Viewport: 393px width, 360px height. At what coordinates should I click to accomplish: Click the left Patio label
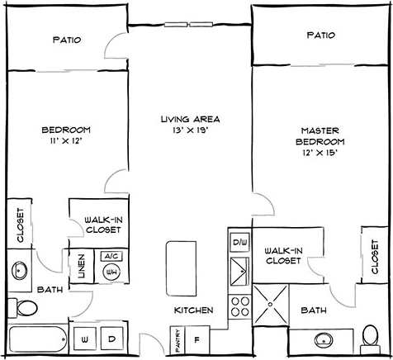[66, 39]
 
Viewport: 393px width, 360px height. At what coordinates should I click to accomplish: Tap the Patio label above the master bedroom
[320, 36]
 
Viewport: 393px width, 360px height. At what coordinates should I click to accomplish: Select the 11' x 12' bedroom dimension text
[66, 141]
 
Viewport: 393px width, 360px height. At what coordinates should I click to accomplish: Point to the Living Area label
[190, 119]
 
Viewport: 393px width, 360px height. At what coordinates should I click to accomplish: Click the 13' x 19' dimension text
[190, 130]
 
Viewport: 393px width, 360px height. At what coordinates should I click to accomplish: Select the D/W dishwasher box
[239, 243]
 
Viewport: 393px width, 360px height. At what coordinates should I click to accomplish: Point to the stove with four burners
[239, 307]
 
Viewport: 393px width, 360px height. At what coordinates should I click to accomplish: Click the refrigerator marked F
[196, 338]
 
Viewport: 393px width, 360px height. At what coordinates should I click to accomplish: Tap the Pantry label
[177, 339]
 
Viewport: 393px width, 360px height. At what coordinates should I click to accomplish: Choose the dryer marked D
[110, 339]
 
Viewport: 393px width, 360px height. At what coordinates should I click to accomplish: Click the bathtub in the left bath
[38, 339]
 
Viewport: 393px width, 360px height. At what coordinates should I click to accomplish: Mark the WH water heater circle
[111, 272]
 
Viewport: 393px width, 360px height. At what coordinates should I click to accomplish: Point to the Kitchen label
[194, 310]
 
